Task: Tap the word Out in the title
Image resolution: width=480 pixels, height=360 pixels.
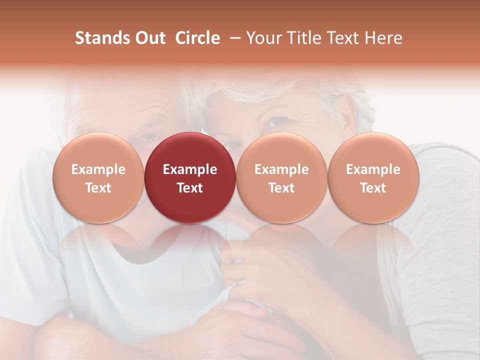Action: tap(149, 38)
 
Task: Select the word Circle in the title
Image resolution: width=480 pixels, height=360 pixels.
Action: tap(197, 38)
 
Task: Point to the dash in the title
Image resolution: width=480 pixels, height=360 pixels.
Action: tap(233, 38)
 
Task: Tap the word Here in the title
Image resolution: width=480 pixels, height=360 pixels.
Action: tap(383, 38)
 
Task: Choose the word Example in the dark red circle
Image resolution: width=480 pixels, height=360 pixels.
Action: tap(190, 169)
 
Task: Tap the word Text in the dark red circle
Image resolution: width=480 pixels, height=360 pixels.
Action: tap(190, 188)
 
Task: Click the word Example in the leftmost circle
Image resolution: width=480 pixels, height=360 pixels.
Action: tap(98, 169)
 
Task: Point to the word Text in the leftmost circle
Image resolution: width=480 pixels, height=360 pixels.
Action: tap(98, 188)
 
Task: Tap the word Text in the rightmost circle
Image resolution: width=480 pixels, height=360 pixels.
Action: tap(373, 188)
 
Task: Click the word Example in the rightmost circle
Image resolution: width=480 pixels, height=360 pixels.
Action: tap(373, 169)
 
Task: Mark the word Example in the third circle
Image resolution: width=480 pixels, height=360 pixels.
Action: tap(281, 169)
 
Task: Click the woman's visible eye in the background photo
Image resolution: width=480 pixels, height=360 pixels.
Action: tap(274, 122)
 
